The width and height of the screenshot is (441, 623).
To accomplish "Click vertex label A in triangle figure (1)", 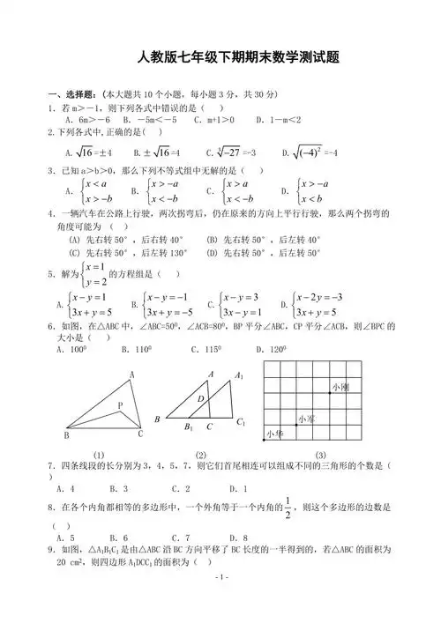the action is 131,375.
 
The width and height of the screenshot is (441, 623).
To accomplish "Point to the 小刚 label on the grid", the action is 339,387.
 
